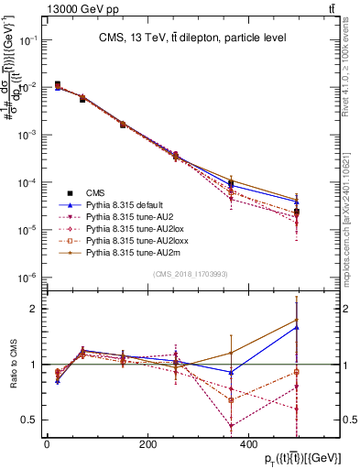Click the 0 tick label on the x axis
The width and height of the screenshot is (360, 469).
point(47,444)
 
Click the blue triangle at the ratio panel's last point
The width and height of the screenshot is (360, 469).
point(296,326)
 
